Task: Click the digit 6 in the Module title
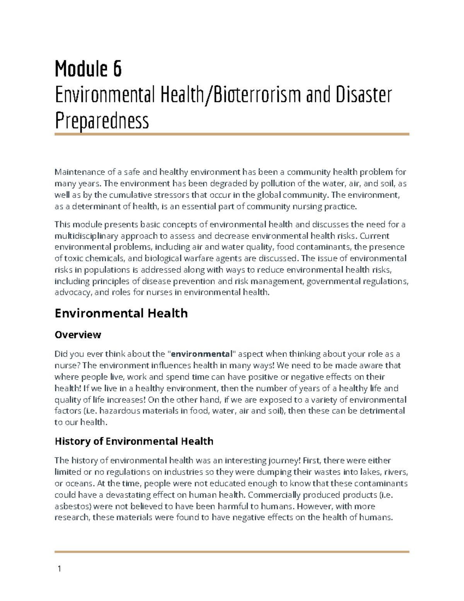[117, 69]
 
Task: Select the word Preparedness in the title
[102, 121]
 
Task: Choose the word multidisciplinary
[86, 236]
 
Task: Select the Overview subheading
[78, 335]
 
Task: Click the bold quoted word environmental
[201, 354]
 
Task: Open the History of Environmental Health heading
[134, 441]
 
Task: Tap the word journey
[285, 461]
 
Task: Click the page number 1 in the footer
[59, 568]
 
